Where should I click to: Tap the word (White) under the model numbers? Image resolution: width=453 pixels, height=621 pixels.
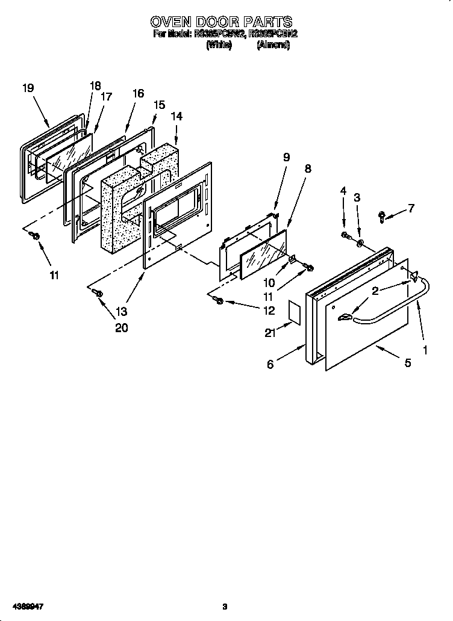219,45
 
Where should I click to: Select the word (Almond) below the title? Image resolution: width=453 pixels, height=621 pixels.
273,45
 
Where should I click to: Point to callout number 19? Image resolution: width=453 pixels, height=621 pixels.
28,88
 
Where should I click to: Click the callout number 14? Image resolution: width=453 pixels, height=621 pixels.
177,116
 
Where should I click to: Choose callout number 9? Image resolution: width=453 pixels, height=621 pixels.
286,157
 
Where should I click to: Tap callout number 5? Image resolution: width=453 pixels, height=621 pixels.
407,363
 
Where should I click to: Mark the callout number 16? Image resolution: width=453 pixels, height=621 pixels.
138,93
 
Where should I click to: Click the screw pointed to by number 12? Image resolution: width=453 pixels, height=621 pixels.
219,300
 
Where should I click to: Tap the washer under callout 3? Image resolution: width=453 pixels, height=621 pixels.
359,244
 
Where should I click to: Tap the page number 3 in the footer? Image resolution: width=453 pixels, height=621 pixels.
224,606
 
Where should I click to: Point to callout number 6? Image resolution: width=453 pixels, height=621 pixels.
270,364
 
